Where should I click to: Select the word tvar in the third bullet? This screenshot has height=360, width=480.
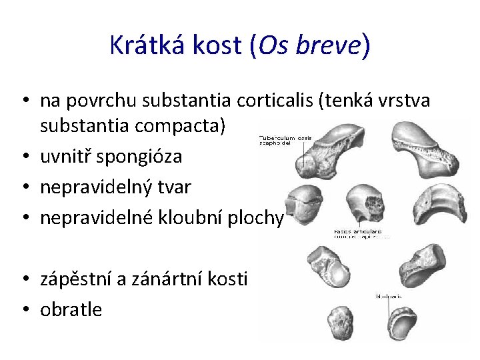tap(176, 187)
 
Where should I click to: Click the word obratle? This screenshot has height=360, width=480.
tap(71, 309)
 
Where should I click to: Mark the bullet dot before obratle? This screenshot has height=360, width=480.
tap(25, 310)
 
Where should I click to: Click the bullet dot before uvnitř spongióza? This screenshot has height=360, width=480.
tap(25, 157)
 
